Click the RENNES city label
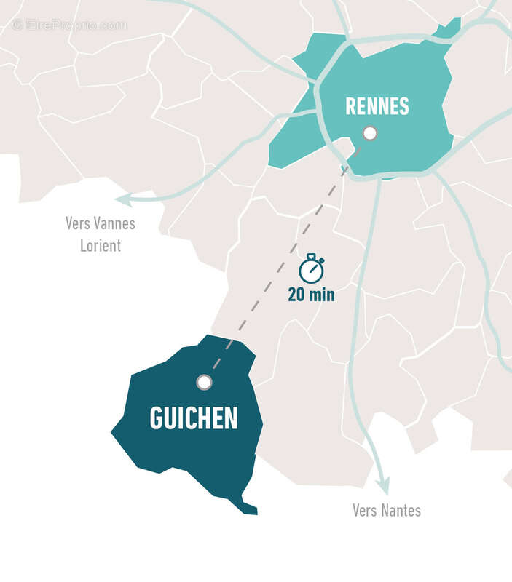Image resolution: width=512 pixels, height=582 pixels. [x=377, y=106]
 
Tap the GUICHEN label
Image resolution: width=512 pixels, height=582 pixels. [x=194, y=418]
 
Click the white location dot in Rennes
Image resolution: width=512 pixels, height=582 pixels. [x=370, y=133]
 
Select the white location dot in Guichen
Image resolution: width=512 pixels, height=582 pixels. [x=204, y=382]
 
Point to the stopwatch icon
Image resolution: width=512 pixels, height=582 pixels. [x=312, y=269]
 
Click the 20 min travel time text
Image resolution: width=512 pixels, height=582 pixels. [x=311, y=295]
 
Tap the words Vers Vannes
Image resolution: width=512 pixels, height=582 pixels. [x=101, y=223]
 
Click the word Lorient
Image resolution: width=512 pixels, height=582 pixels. [x=101, y=245]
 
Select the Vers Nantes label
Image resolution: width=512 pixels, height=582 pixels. [x=386, y=510]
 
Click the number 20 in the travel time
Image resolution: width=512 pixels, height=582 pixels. [x=296, y=295]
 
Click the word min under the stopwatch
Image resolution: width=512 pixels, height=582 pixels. [x=321, y=295]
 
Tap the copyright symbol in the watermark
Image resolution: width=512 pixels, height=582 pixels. [x=17, y=25]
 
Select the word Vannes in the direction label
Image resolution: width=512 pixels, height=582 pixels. [x=116, y=223]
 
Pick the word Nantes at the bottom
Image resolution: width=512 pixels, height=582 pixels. [x=402, y=510]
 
